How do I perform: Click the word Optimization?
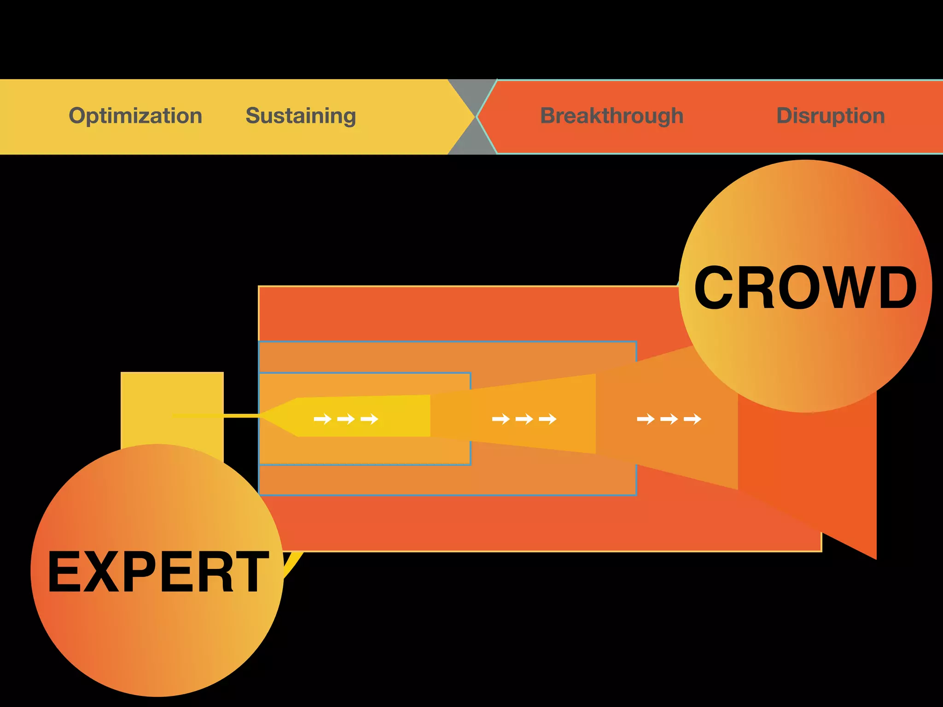pos(135,116)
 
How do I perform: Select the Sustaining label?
pos(301,116)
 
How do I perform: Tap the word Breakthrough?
pos(611,116)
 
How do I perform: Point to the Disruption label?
pos(830,116)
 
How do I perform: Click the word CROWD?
pos(805,288)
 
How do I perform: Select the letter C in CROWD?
pos(714,288)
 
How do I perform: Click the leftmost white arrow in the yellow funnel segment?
pos(322,419)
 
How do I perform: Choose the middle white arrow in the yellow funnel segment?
pos(346,419)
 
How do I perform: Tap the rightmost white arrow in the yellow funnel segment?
pos(369,419)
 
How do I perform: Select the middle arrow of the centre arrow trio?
pos(524,419)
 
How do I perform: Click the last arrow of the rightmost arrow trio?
pos(693,419)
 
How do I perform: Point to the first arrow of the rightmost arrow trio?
pos(646,419)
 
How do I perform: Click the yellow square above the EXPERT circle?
pos(172,405)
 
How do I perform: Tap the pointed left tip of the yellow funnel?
pos(265,416)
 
